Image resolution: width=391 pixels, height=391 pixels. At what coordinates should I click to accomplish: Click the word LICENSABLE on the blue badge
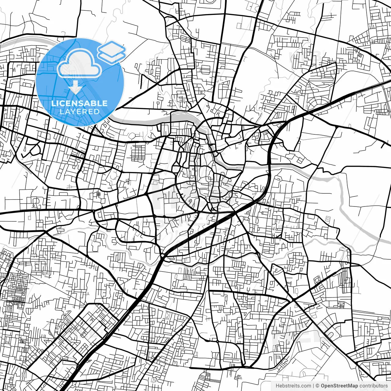tap(79, 103)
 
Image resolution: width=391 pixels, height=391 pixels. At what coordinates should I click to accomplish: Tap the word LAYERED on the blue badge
tap(79, 111)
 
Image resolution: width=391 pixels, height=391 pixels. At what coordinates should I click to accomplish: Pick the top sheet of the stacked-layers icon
tap(112, 48)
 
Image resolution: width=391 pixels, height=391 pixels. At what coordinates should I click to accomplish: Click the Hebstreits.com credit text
tap(293, 386)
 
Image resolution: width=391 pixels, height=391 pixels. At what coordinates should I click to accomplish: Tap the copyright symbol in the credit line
tap(318, 386)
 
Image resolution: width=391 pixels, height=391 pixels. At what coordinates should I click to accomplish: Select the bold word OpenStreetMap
tap(339, 386)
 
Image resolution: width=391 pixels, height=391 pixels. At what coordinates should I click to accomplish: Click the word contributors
tap(373, 386)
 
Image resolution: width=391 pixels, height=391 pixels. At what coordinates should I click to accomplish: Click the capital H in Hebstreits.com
tap(277, 386)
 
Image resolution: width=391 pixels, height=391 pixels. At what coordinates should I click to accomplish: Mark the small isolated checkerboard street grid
tap(138, 153)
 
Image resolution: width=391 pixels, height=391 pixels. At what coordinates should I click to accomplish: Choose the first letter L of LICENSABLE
tap(53, 103)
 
